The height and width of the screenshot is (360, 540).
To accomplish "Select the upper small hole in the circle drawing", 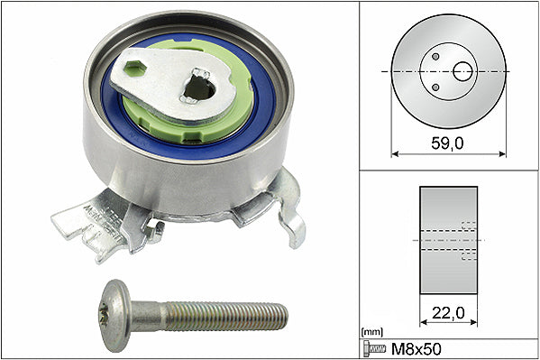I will pyautogui.click(x=436, y=56).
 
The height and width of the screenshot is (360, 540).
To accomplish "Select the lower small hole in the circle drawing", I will pyautogui.click(x=436, y=86).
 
